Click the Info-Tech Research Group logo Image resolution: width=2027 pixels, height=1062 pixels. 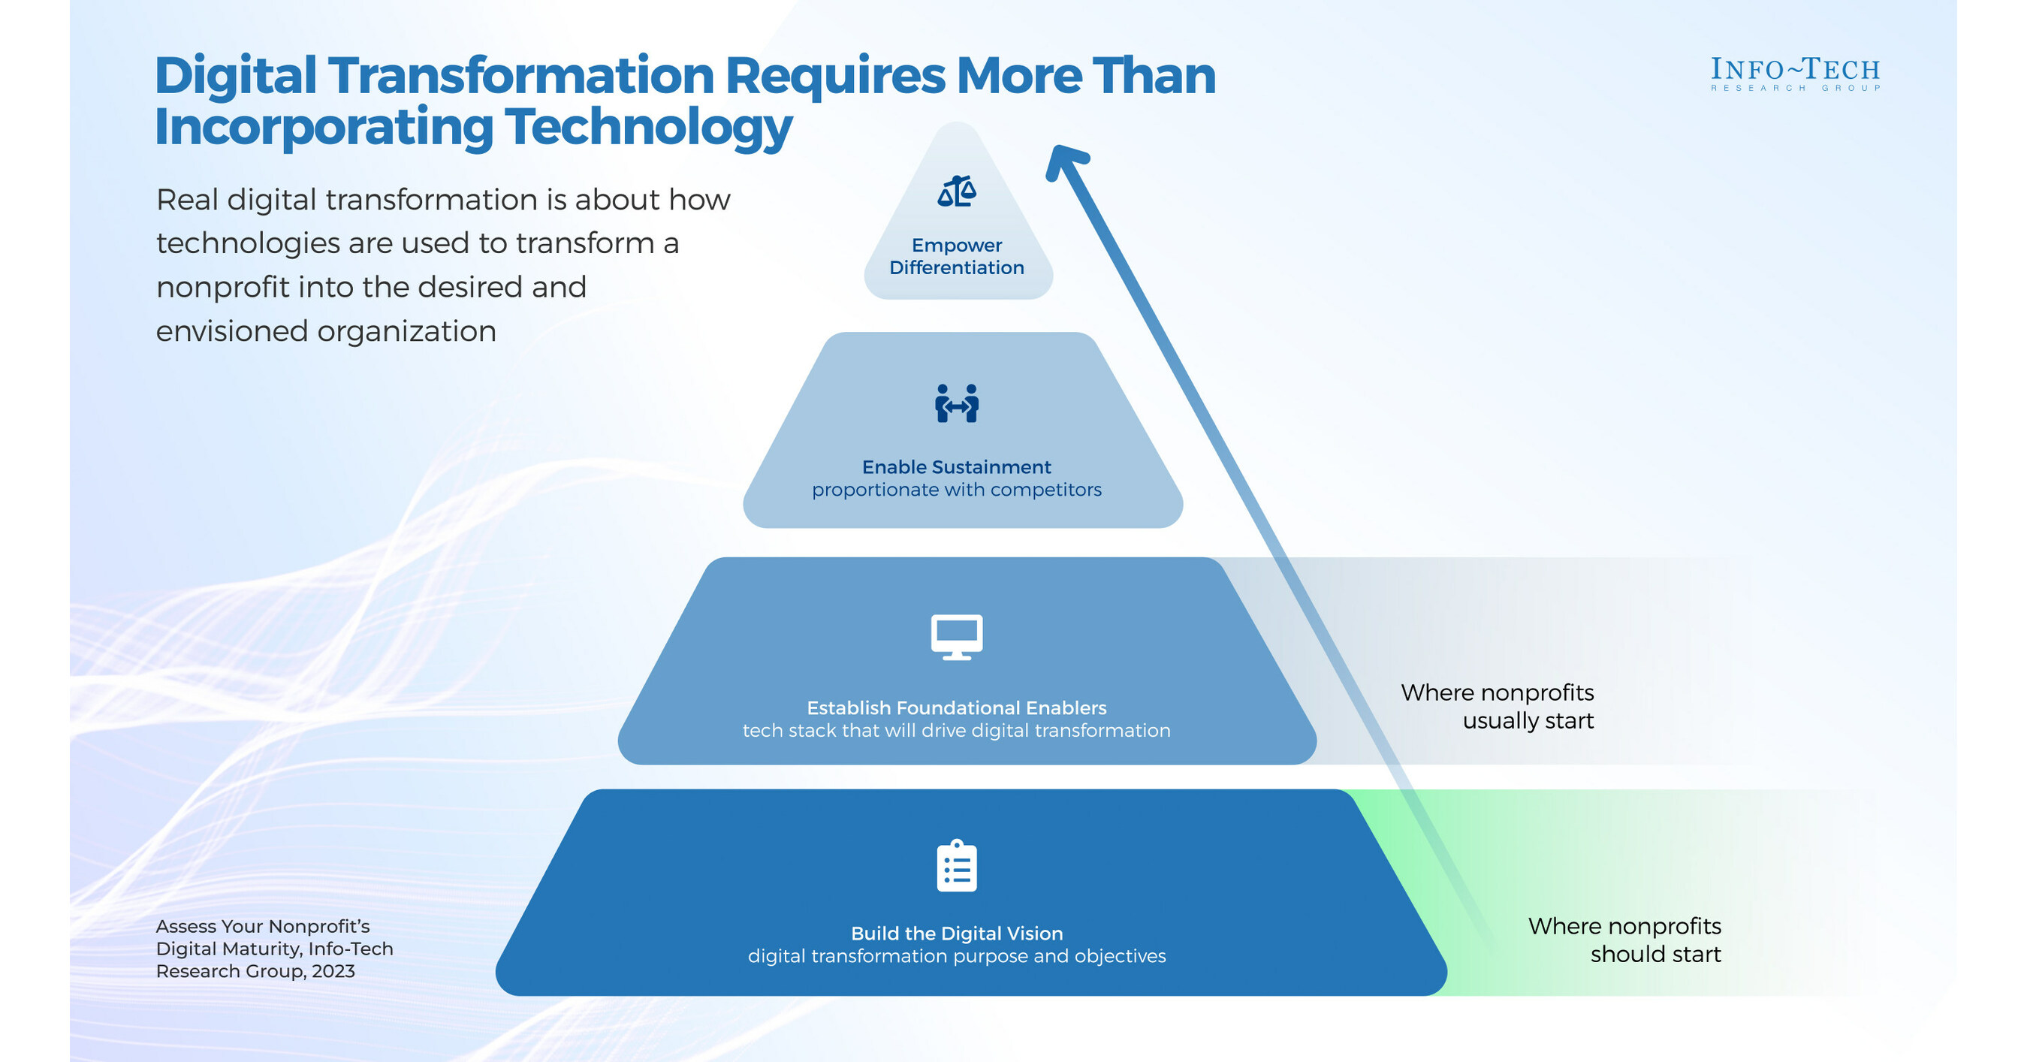click(1795, 74)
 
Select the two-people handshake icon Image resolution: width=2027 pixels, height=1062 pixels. click(957, 403)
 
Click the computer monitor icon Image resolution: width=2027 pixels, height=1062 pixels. click(957, 636)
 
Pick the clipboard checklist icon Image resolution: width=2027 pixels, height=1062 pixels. click(957, 866)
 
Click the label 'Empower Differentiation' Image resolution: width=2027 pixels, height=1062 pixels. click(957, 256)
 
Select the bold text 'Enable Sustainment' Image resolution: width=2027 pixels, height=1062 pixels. click(956, 467)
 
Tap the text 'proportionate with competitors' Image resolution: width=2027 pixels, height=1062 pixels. click(956, 490)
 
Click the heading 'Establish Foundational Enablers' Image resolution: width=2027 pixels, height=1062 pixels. click(956, 708)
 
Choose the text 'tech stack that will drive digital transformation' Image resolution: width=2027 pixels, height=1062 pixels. click(956, 731)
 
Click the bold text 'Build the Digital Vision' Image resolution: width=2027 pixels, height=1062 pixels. click(956, 934)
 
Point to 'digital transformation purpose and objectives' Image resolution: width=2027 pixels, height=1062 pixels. click(956, 957)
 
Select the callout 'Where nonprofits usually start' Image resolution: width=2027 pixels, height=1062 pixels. click(1497, 707)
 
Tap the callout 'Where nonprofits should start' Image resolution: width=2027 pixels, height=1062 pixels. click(1624, 940)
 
